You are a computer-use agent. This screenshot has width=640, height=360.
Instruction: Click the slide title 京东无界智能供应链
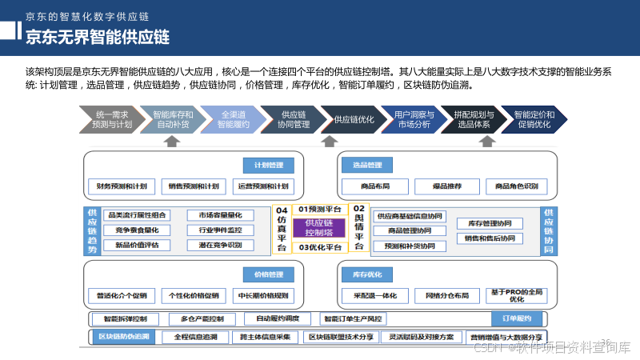(98, 38)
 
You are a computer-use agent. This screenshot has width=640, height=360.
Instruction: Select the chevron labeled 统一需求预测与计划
(111, 119)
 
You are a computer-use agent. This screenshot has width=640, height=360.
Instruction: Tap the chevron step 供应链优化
(353, 119)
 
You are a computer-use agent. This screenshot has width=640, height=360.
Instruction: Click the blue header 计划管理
(269, 166)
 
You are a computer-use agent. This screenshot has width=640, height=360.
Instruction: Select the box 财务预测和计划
(122, 186)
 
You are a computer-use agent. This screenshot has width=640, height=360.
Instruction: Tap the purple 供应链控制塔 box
(319, 227)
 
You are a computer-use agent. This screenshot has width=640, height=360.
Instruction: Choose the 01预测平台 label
(319, 209)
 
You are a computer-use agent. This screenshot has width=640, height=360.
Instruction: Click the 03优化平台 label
(319, 247)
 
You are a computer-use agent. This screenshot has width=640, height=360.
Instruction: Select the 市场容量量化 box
(220, 215)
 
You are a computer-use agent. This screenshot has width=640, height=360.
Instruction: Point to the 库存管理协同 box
(490, 223)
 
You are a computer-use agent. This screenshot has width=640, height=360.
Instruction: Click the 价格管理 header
(269, 274)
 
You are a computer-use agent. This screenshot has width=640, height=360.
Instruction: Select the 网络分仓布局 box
(447, 295)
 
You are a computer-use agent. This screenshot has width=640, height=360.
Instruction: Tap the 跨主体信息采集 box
(265, 337)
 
